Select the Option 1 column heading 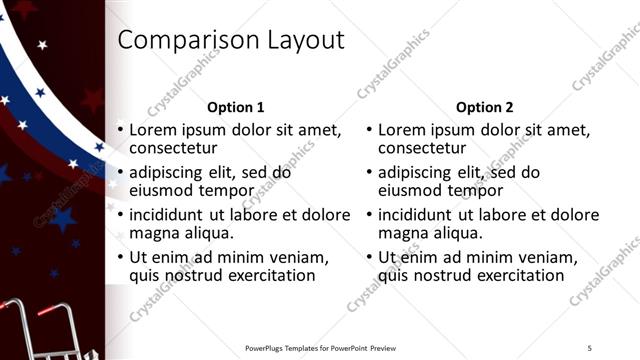click(x=236, y=107)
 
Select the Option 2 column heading click(x=485, y=107)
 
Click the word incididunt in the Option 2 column click(x=417, y=215)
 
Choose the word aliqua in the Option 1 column click(x=209, y=233)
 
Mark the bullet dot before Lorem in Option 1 click(x=120, y=130)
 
